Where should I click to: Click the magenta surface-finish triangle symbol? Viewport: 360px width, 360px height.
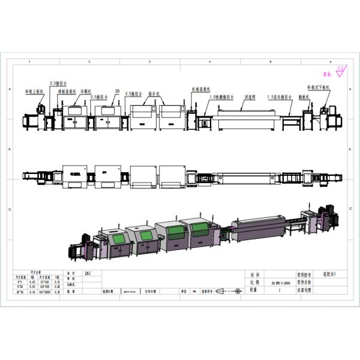[x=340, y=74]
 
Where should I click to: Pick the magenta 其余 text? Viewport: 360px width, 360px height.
[x=327, y=75]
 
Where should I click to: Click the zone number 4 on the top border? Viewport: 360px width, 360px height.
[x=209, y=62]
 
